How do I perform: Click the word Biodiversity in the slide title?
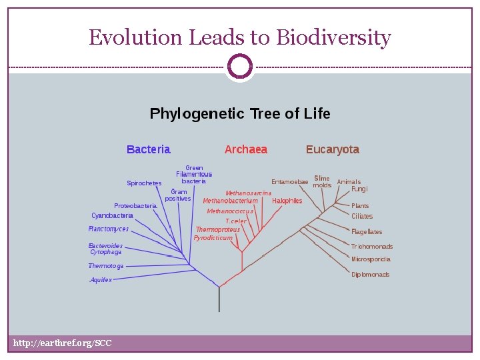coord(333,38)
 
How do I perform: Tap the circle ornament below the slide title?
coord(239,67)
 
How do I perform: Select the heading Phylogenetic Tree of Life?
coord(239,114)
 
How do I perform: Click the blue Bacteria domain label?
coord(148,149)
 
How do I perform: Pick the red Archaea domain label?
coord(245,149)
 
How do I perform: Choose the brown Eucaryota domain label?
coord(332,149)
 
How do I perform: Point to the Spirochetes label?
coord(144,183)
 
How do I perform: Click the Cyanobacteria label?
coord(112,216)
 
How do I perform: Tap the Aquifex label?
coord(101,280)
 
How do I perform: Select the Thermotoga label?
coord(105,266)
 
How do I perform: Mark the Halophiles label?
coord(287,201)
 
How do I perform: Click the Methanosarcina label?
coord(248,193)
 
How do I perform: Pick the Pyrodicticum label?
coord(213,238)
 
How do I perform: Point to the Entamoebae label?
coord(289,182)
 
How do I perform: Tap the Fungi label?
coord(359,189)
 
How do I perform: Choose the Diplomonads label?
coord(370,275)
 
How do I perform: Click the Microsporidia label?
coord(371,259)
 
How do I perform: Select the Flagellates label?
coord(367,232)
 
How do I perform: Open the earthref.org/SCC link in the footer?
coord(63,343)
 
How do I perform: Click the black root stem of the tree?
coord(219,300)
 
